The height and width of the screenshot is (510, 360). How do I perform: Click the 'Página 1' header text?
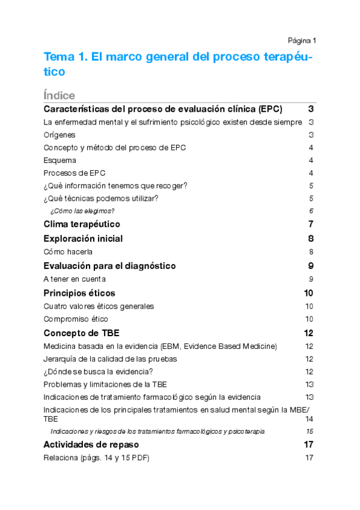[x=302, y=41]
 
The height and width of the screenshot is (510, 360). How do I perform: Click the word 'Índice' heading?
[x=59, y=96]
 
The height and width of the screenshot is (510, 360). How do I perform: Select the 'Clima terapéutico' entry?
[x=82, y=224]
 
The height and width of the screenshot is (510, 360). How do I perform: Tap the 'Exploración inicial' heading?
[x=83, y=239]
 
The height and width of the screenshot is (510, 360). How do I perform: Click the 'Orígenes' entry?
[x=59, y=135]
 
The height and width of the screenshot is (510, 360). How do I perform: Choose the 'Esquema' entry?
[x=60, y=160]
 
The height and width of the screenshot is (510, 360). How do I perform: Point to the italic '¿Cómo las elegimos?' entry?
[x=82, y=210]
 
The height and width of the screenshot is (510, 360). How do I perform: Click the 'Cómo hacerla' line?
[x=69, y=252]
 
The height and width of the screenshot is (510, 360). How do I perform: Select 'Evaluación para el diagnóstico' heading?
[x=109, y=266]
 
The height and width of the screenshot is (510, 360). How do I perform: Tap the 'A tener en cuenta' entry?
[x=75, y=279]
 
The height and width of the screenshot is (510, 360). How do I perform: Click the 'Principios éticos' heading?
[x=79, y=293]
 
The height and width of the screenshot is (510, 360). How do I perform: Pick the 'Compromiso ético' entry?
[x=76, y=319]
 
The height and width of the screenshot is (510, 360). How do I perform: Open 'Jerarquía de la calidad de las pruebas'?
[x=110, y=359]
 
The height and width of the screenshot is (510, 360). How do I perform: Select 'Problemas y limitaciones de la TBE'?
[x=105, y=384]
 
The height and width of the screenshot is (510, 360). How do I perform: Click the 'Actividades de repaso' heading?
[x=91, y=444]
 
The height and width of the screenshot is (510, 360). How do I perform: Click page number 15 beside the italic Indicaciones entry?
[x=310, y=431]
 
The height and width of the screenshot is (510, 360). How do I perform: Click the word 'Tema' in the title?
[x=59, y=57]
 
